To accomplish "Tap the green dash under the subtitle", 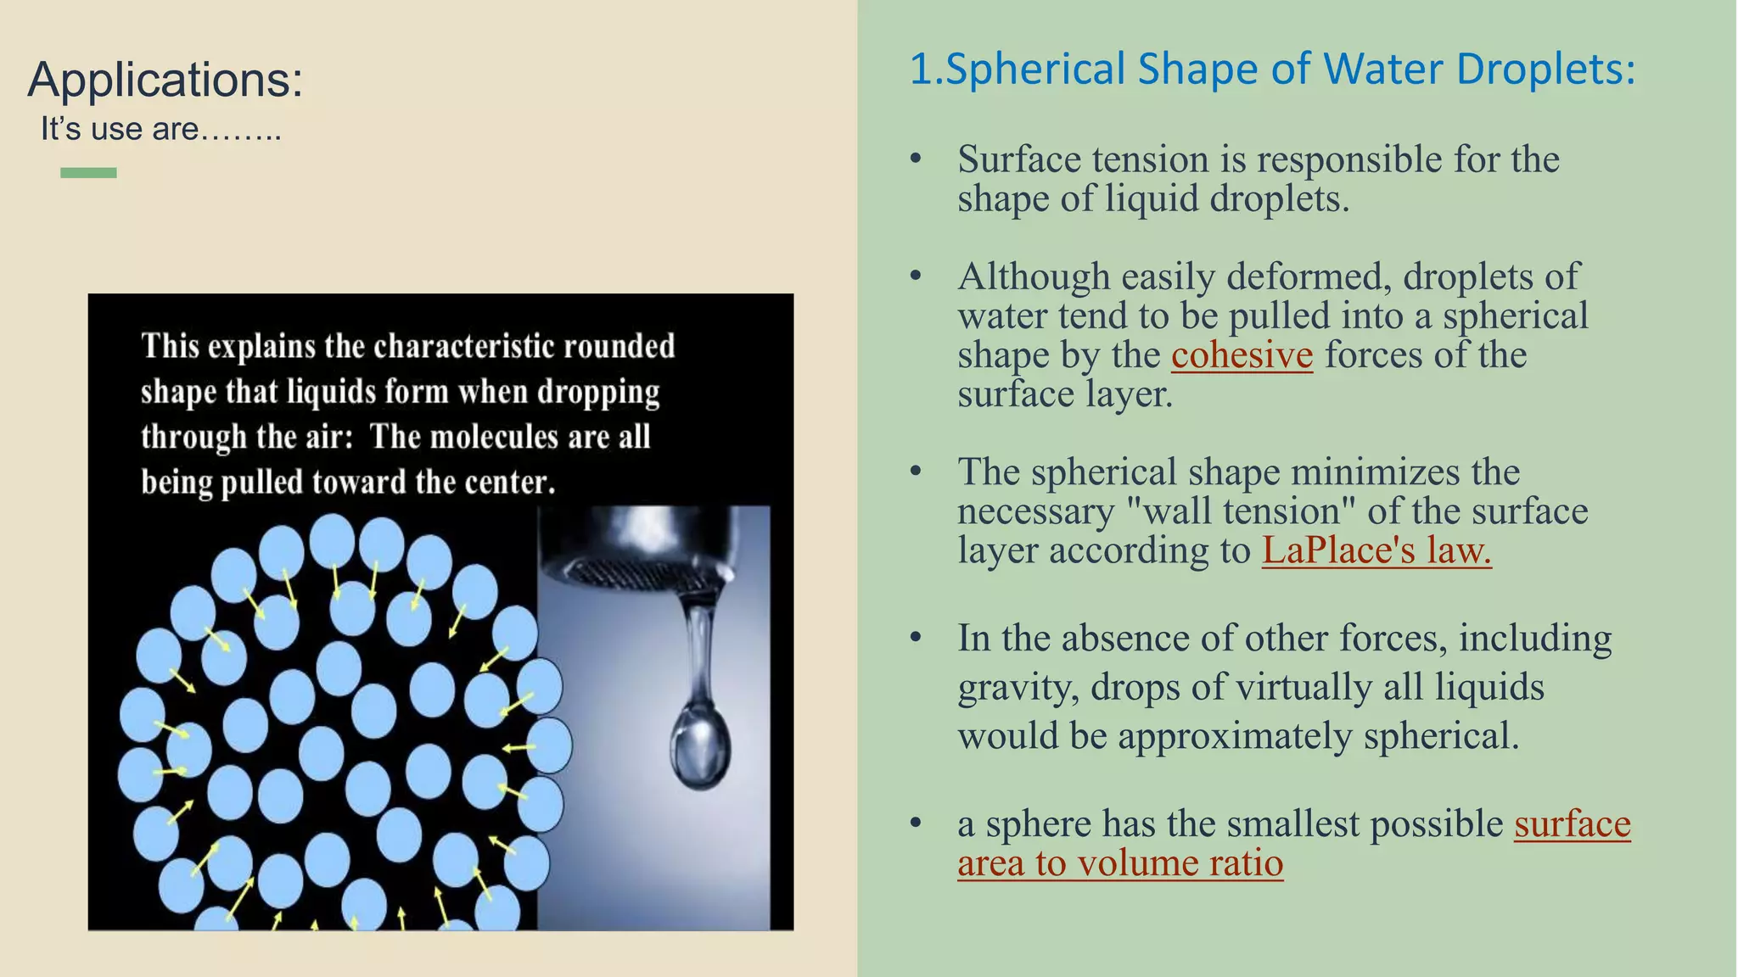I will coord(88,173).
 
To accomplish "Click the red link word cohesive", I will coord(1242,355).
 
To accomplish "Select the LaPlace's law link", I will coord(1376,550).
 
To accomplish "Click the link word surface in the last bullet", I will coord(1572,824).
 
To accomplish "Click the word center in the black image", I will coord(514,483).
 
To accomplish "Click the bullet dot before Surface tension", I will coord(915,159).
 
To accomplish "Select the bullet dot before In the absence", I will coord(915,638).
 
